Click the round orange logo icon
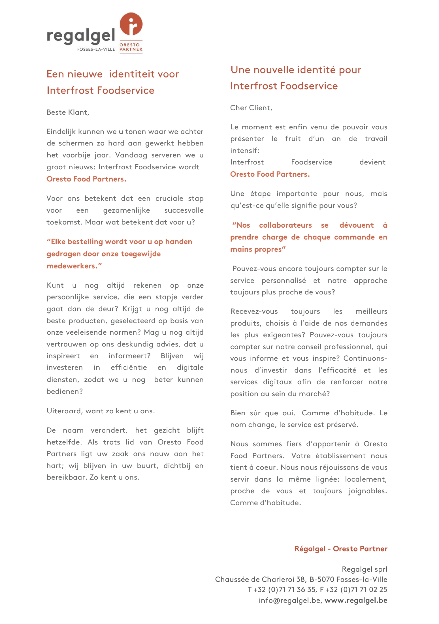pyautogui.click(x=131, y=24)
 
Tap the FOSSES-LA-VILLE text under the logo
pyautogui.click(x=96, y=49)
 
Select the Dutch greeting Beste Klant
pyautogui.click(x=68, y=112)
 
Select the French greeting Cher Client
pyautogui.click(x=251, y=108)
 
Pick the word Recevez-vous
pyautogui.click(x=254, y=311)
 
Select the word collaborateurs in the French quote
pyautogui.click(x=285, y=225)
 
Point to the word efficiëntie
pyautogui.click(x=129, y=367)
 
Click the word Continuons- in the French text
pyautogui.click(x=365, y=358)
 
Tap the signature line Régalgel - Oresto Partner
pyautogui.click(x=341, y=549)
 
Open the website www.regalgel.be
pyautogui.click(x=356, y=600)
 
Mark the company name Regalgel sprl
pyautogui.click(x=364, y=569)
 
